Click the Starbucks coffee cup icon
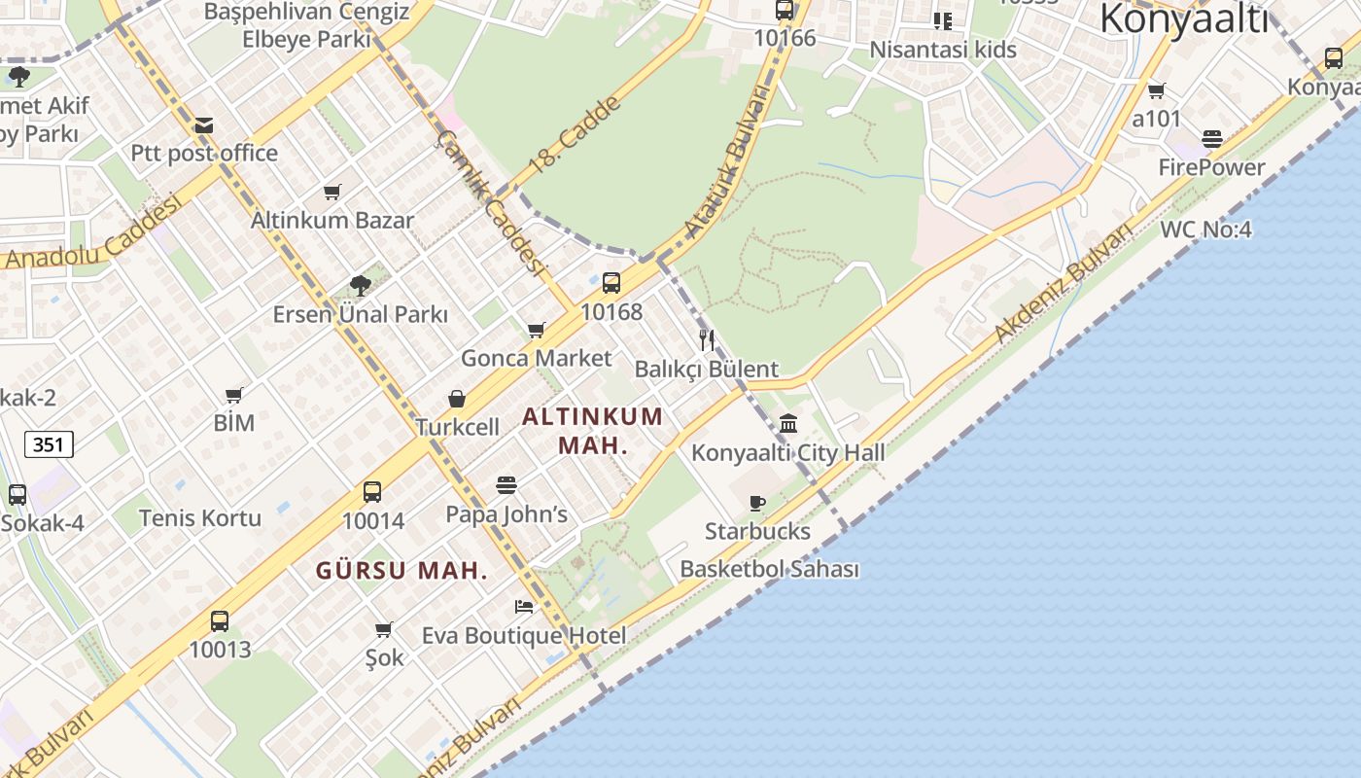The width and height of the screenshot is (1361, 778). coord(757,503)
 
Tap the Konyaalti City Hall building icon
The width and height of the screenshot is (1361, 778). coord(788,424)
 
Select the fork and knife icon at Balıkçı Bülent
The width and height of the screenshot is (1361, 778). coord(707,340)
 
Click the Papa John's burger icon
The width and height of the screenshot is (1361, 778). coord(506,484)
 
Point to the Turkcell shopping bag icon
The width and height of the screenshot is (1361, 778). coord(457,399)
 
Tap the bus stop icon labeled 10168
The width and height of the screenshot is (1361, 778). coord(611,283)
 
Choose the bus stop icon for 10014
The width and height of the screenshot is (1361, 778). coord(372,492)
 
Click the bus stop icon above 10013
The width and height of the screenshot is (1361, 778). coord(220,620)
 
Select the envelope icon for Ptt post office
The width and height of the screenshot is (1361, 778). coord(204,124)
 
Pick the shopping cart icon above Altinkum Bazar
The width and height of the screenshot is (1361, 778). coord(332,192)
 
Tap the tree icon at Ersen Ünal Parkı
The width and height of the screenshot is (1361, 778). coord(360,285)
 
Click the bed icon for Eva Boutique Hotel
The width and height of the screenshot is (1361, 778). coord(524,607)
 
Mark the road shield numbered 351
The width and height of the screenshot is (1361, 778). coord(49,444)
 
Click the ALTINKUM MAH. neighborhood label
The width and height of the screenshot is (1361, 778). coord(593,431)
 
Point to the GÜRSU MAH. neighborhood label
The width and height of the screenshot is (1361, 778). coord(401,571)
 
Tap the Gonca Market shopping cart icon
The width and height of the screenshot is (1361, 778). coord(537,331)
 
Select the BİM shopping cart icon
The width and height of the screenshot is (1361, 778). coord(233,395)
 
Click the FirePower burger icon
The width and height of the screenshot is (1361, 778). coord(1211,139)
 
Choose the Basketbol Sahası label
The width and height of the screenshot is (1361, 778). coord(769,569)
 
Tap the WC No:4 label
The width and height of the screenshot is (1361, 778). coord(1205,230)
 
